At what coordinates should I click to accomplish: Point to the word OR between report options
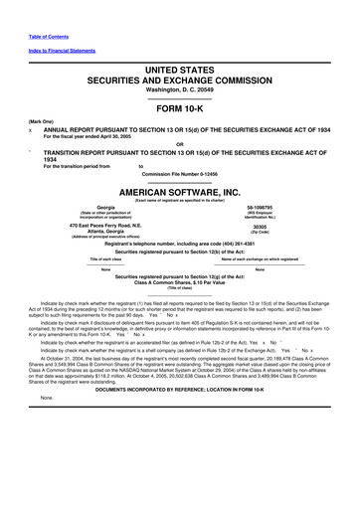point(180,140)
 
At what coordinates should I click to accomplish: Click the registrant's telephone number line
point(180,244)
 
